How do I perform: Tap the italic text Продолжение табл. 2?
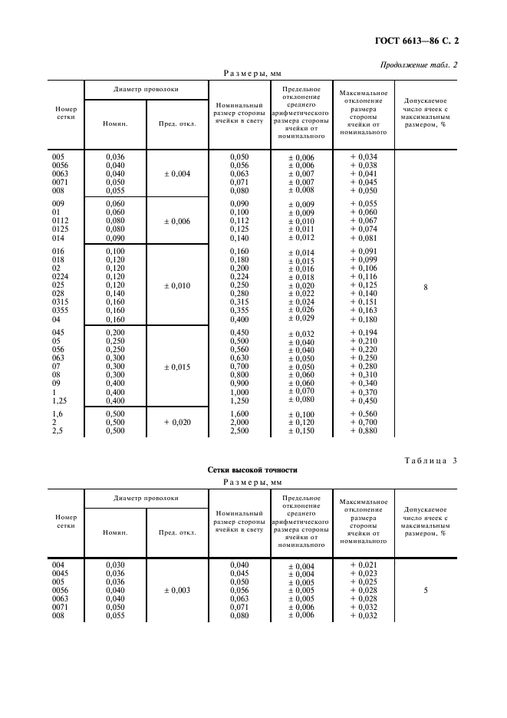[x=419, y=64]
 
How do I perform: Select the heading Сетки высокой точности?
[x=252, y=469]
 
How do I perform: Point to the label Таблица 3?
[x=427, y=459]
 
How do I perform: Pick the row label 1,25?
[x=59, y=400]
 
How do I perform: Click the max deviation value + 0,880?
[x=364, y=431]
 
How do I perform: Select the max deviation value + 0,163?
[x=364, y=311]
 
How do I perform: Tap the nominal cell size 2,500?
[x=240, y=431]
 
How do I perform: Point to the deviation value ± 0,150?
[x=301, y=432]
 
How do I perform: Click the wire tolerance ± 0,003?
[x=176, y=591]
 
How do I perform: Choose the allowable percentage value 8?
[x=426, y=286]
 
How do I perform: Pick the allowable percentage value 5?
[x=426, y=591]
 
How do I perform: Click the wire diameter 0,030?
[x=115, y=565]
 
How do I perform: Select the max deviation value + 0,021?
[x=364, y=565]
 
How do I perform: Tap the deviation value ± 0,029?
[x=301, y=319]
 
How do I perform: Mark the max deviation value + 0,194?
[x=364, y=331]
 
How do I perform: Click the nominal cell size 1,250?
[x=240, y=400]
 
